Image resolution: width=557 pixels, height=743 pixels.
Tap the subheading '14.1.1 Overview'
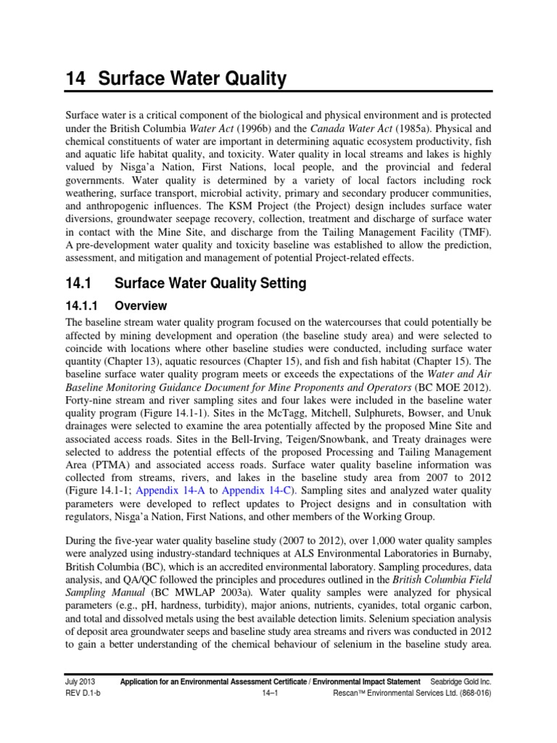(x=116, y=306)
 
